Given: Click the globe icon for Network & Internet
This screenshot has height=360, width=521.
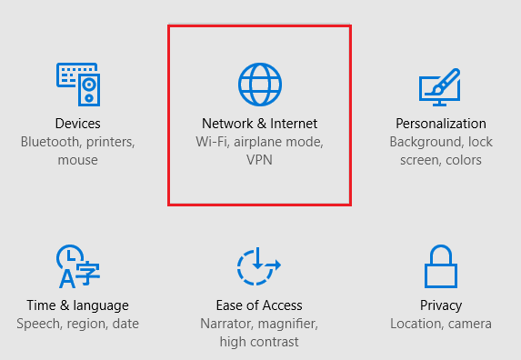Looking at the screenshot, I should tap(260, 84).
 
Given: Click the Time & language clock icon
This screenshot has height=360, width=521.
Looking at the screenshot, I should tap(77, 266).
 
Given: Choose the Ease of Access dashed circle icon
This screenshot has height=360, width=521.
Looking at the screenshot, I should tap(259, 266).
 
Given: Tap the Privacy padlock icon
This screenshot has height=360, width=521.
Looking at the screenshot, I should tap(441, 266).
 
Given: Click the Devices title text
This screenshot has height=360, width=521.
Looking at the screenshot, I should tap(77, 124).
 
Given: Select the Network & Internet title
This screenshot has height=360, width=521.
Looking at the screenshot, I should tap(260, 124).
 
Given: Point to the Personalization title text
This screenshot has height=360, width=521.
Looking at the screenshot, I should tap(441, 124).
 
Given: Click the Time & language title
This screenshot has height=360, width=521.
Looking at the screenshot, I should tap(77, 305).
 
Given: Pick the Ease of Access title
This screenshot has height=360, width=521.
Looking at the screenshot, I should tap(259, 305).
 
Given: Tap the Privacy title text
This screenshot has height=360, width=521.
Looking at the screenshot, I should tap(441, 305).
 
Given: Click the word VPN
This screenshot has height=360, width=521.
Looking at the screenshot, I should tap(260, 160).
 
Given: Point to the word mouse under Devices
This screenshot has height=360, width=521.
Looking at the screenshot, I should tap(77, 160).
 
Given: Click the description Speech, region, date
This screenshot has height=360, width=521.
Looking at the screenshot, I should tap(77, 324).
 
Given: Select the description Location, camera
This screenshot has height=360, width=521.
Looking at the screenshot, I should tap(441, 324).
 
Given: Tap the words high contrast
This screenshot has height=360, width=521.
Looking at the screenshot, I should tap(259, 342).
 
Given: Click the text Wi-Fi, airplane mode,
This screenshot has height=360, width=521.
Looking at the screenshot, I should tap(260, 142).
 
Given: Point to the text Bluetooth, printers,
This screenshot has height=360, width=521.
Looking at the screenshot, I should tap(77, 142).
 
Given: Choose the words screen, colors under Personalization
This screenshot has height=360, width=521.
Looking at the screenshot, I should tap(441, 160).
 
